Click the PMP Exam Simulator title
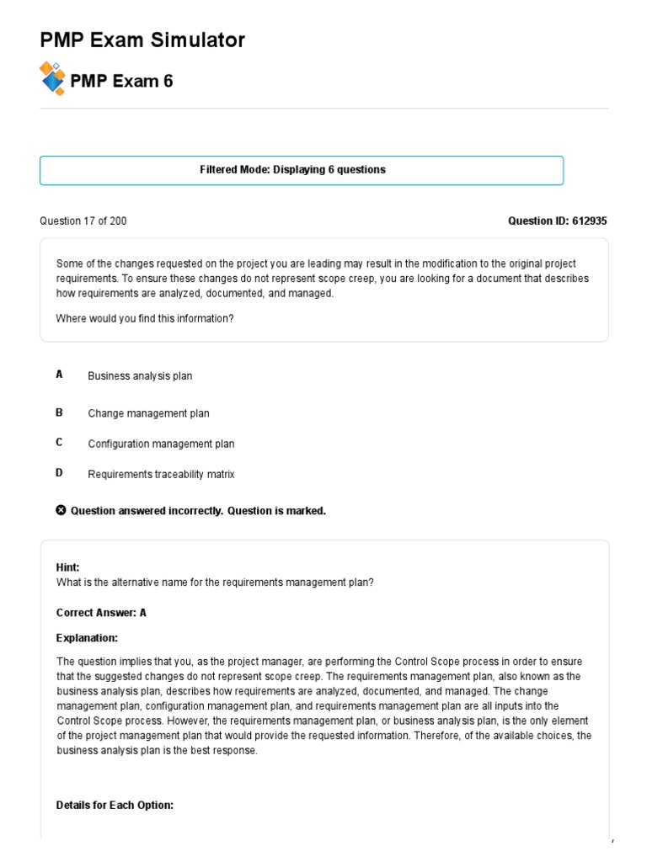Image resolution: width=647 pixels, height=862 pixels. [x=142, y=40]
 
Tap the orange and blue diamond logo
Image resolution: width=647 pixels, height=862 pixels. [x=52, y=78]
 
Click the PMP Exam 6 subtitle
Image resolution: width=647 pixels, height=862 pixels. [x=122, y=82]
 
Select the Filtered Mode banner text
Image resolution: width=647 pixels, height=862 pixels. [x=292, y=170]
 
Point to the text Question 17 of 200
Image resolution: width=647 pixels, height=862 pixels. [x=83, y=221]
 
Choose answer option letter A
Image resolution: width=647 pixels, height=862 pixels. [x=60, y=375]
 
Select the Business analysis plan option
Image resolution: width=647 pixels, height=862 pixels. [x=140, y=376]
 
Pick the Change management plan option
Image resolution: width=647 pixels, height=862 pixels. [x=148, y=413]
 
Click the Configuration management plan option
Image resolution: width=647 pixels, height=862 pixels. [x=161, y=444]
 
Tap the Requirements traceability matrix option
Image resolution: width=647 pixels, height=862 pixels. [x=161, y=475]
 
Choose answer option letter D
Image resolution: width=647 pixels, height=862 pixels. [x=60, y=473]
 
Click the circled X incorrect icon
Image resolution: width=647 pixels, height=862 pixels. [x=61, y=510]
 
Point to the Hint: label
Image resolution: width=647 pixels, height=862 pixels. [x=67, y=567]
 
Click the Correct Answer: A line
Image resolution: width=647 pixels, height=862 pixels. [x=101, y=613]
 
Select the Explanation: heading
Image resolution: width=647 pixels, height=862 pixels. [x=87, y=637]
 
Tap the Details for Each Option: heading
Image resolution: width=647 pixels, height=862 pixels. [x=115, y=806]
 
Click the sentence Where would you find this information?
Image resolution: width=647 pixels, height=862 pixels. [x=144, y=318]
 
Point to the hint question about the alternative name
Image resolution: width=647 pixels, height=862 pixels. [x=214, y=583]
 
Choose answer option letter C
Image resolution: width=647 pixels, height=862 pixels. [x=60, y=442]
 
